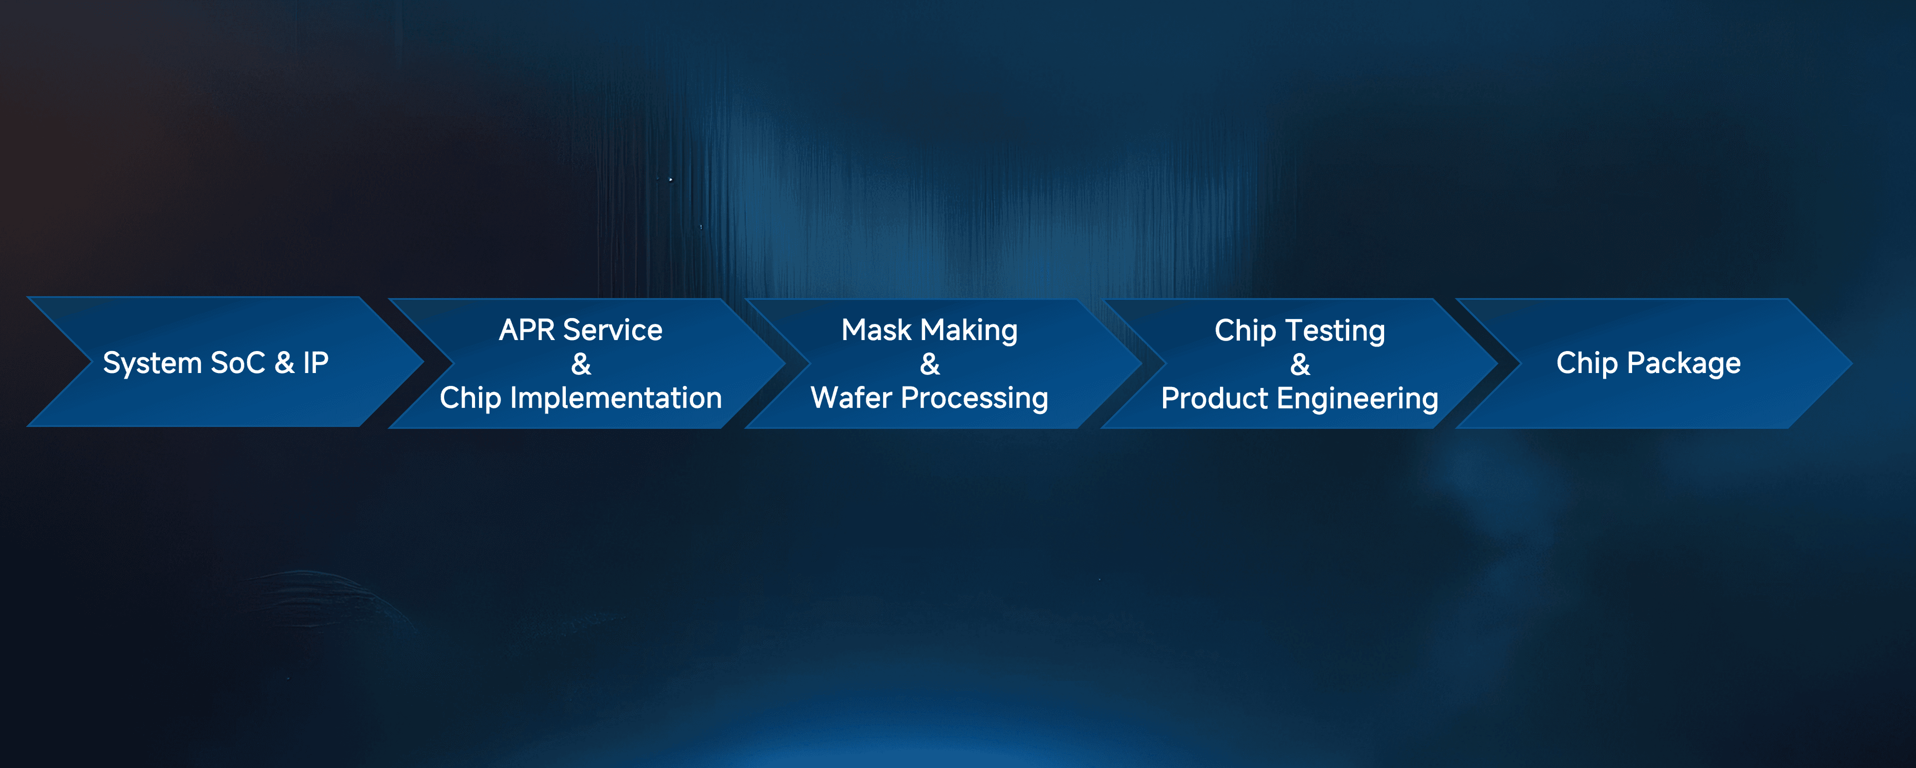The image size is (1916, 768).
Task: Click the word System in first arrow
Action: pos(152,363)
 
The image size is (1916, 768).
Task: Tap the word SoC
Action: pos(238,363)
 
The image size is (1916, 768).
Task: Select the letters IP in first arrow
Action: pos(315,363)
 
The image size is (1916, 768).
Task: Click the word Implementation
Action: pos(615,398)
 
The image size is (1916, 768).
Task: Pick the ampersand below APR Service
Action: pos(581,365)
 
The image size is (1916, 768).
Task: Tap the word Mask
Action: pos(876,330)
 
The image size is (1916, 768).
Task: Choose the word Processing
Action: pos(974,398)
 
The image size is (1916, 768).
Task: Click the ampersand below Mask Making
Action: pos(930,365)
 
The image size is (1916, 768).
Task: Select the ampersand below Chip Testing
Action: pos(1300,365)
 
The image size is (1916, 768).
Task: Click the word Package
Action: pos(1684,363)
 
